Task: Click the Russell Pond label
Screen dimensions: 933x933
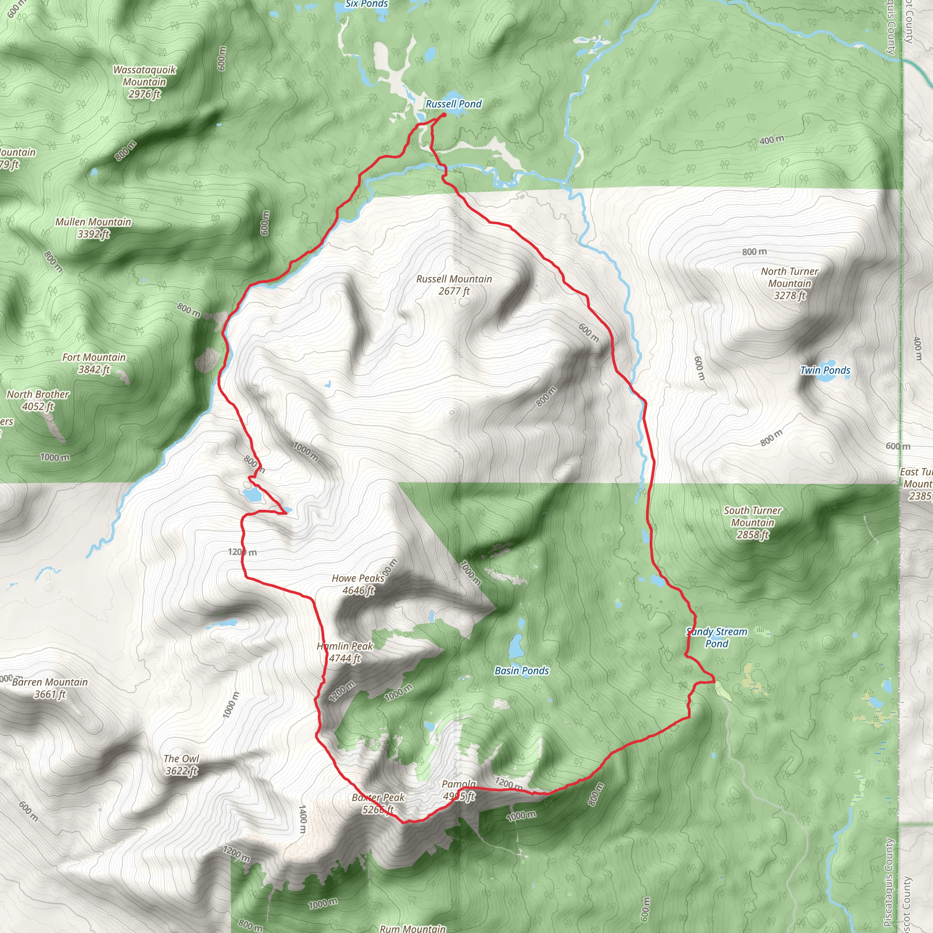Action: pos(453,104)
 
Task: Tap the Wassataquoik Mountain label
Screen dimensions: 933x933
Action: pos(144,82)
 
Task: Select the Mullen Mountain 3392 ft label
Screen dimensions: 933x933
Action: pos(93,228)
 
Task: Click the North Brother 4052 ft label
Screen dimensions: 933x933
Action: pos(38,400)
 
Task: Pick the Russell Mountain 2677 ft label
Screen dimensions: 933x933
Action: pos(454,285)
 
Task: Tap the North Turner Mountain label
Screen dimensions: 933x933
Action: pos(789,283)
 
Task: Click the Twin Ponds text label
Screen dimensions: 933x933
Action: pos(825,370)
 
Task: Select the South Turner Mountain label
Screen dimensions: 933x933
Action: pos(753,523)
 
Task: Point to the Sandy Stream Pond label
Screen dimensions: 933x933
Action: pos(717,637)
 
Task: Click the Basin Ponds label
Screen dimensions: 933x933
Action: pos(522,670)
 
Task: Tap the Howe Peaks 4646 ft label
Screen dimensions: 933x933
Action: pos(358,584)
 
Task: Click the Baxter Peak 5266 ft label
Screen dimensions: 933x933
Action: pos(378,804)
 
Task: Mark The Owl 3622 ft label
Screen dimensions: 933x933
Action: pos(181,764)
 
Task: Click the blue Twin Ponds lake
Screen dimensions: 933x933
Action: pos(830,377)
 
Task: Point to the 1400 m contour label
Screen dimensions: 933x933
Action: pos(303,819)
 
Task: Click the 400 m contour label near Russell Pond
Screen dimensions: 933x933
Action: pos(772,140)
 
